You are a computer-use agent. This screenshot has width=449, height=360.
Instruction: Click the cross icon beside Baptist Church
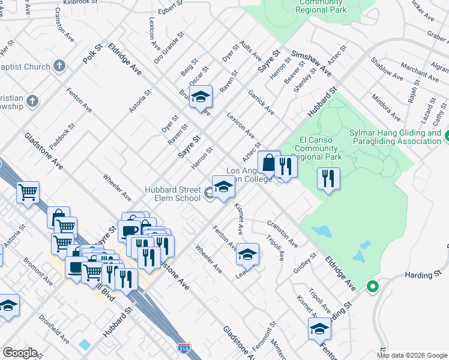pos(59,66)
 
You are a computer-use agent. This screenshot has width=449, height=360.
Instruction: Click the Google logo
pos(20,353)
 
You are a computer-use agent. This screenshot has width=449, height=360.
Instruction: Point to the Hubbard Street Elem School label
pos(172,194)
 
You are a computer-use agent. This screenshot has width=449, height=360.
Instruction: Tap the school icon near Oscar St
pos(201,96)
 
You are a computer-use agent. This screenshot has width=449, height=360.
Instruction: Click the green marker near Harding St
pos(372,286)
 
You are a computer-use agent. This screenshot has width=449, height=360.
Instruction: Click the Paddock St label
pos(62,136)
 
